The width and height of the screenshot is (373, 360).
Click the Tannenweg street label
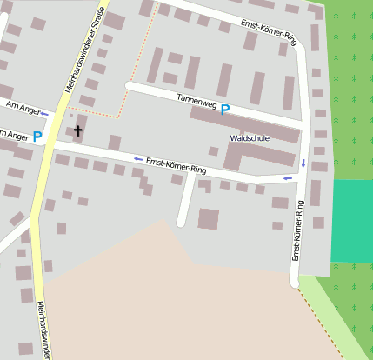click(x=196, y=103)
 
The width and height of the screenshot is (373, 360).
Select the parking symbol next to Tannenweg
click(x=225, y=110)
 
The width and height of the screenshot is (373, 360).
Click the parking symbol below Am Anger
click(x=37, y=136)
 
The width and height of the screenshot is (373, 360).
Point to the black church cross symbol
click(x=77, y=131)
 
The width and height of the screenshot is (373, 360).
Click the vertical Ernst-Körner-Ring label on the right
click(x=297, y=230)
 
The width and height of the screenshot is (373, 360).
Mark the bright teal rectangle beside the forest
click(x=351, y=221)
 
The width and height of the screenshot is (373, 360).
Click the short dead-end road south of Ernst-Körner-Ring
click(x=185, y=200)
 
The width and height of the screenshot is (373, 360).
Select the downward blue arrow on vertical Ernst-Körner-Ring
click(x=303, y=163)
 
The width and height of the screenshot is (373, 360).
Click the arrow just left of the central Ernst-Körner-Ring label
click(x=137, y=158)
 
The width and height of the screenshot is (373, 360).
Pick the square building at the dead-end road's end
click(x=208, y=218)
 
